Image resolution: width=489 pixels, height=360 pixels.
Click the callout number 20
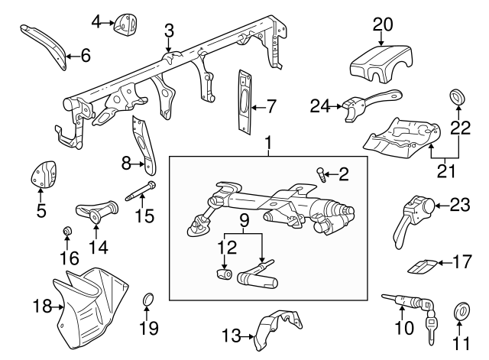(x=382, y=24)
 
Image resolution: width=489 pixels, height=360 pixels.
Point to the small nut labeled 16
(x=66, y=231)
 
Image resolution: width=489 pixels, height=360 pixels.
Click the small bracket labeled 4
(x=126, y=24)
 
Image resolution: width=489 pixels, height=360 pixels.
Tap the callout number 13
(x=231, y=335)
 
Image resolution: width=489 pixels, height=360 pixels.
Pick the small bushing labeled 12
(x=224, y=273)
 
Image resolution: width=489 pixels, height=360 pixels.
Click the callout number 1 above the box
(x=268, y=142)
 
